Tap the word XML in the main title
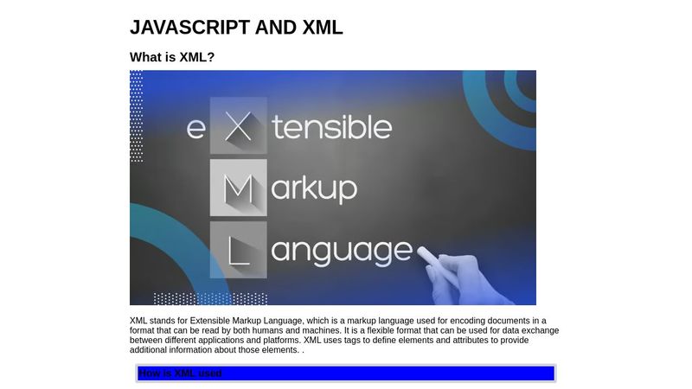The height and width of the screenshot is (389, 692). (x=323, y=28)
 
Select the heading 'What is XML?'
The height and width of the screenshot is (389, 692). (x=172, y=57)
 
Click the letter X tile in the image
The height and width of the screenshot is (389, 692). (x=238, y=126)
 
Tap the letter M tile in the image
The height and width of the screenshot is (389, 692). (x=238, y=188)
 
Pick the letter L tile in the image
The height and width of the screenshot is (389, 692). (x=238, y=251)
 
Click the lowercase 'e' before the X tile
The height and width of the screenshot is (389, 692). (x=196, y=128)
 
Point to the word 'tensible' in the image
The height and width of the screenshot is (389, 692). (x=332, y=127)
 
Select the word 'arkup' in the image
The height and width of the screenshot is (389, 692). (x=315, y=188)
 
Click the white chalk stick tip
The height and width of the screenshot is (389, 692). (x=424, y=252)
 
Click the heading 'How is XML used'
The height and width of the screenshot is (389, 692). (x=180, y=373)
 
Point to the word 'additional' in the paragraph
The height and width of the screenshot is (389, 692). (x=151, y=350)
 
